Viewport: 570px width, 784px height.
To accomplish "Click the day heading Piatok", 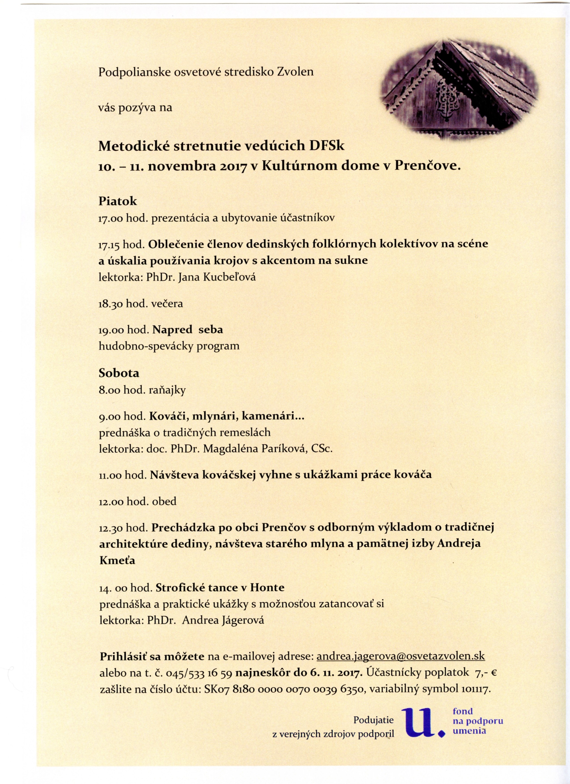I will pos(118,201).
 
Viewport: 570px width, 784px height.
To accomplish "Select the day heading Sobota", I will pos(119,373).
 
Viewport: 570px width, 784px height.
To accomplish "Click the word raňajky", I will pos(167,390).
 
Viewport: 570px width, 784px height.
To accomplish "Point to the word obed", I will pos(164,501).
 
